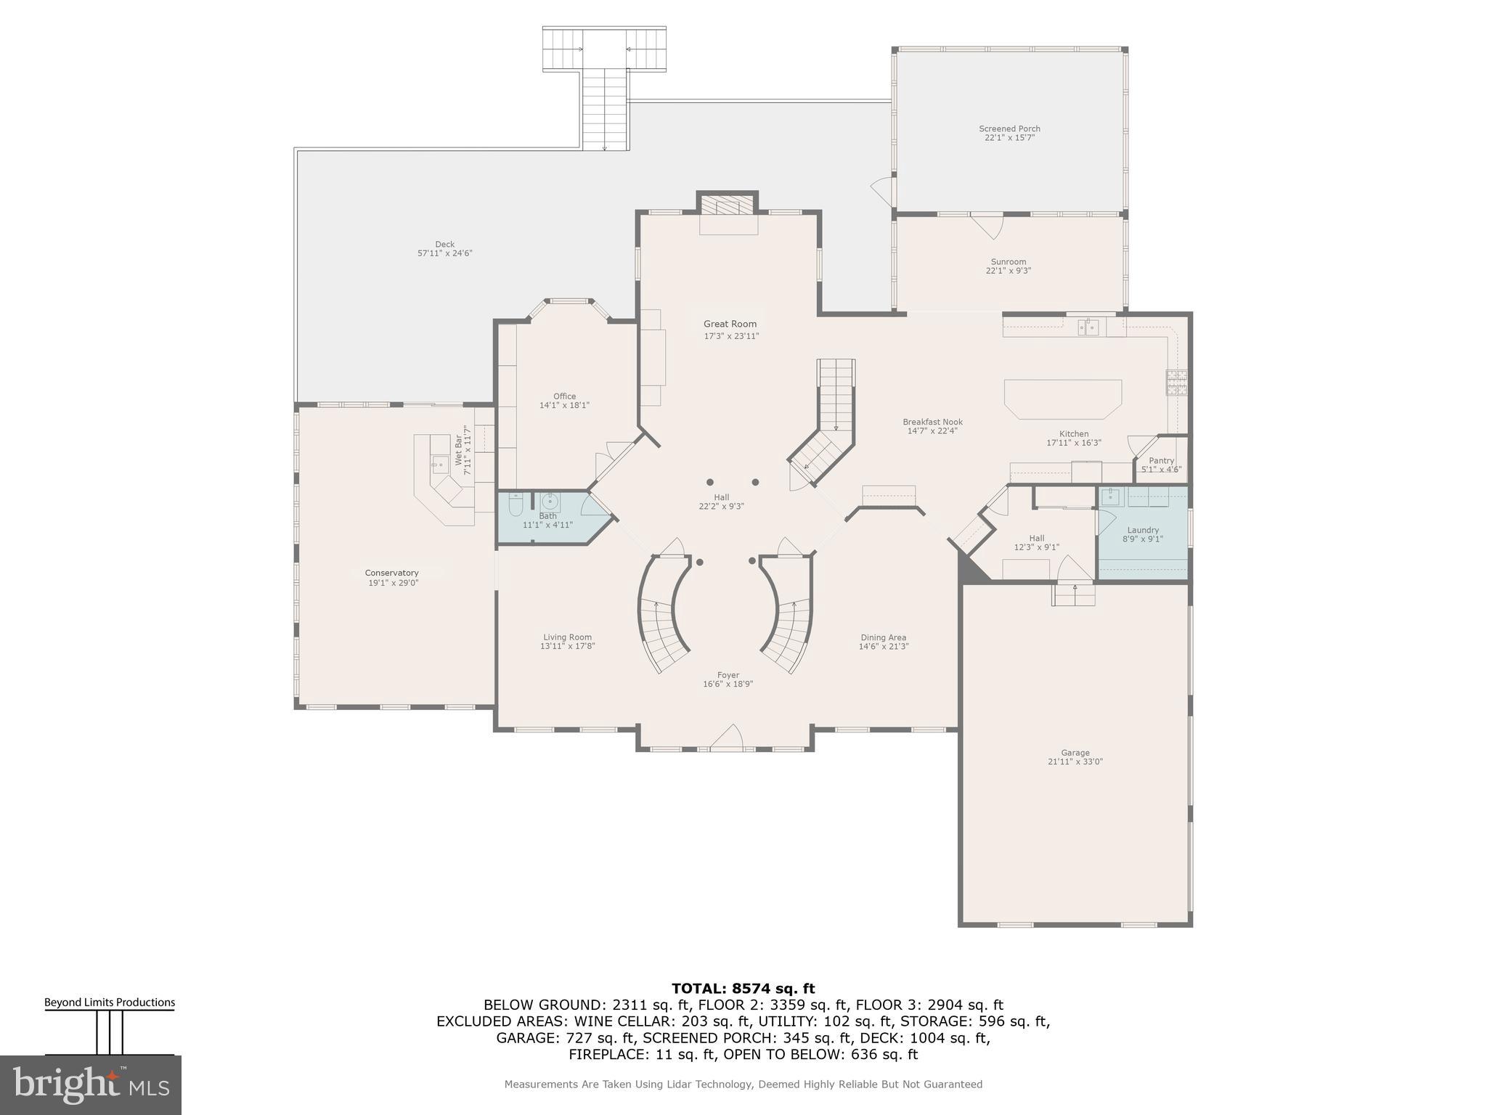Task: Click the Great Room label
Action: pyautogui.click(x=730, y=324)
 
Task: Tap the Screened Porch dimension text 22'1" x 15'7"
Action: pyautogui.click(x=1009, y=138)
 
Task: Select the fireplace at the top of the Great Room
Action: pyautogui.click(x=728, y=208)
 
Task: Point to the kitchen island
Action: pyautogui.click(x=1063, y=399)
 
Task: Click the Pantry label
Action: pyautogui.click(x=1162, y=461)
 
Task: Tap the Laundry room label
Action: pyautogui.click(x=1143, y=530)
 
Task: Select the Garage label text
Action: pyautogui.click(x=1075, y=753)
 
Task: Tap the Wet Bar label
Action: pyautogui.click(x=459, y=451)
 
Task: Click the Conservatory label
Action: pyautogui.click(x=392, y=573)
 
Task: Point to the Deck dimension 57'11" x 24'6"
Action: pyautogui.click(x=445, y=253)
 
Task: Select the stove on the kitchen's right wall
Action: pyautogui.click(x=1176, y=382)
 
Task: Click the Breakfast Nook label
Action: pyautogui.click(x=932, y=422)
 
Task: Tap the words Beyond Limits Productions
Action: pyautogui.click(x=110, y=1002)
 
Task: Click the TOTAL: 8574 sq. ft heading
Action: pyautogui.click(x=743, y=989)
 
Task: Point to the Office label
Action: pyautogui.click(x=564, y=396)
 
